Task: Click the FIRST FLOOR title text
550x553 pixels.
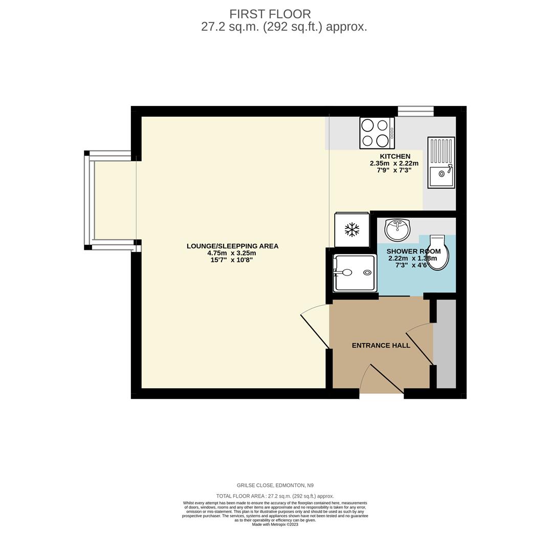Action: (x=270, y=14)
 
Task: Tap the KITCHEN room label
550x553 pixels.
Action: (x=394, y=156)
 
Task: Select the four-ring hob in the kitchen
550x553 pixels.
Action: (x=377, y=133)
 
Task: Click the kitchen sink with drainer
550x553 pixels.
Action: (x=441, y=162)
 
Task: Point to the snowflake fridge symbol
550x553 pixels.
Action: (x=351, y=229)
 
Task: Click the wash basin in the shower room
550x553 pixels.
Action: (x=397, y=229)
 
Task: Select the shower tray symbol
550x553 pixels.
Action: (x=355, y=273)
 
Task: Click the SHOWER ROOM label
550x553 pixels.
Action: (x=413, y=251)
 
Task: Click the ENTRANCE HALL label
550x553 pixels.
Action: (x=381, y=346)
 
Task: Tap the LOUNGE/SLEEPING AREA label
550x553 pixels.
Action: (x=232, y=246)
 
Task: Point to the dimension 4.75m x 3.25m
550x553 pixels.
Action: (x=231, y=253)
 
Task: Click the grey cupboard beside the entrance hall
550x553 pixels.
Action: (x=446, y=343)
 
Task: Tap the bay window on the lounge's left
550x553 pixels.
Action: (x=89, y=200)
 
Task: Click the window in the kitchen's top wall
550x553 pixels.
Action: (x=415, y=111)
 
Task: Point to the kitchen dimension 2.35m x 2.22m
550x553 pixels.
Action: (x=394, y=163)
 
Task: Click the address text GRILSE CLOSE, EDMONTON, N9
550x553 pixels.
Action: (x=275, y=485)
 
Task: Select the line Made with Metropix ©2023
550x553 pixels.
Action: (x=275, y=524)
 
